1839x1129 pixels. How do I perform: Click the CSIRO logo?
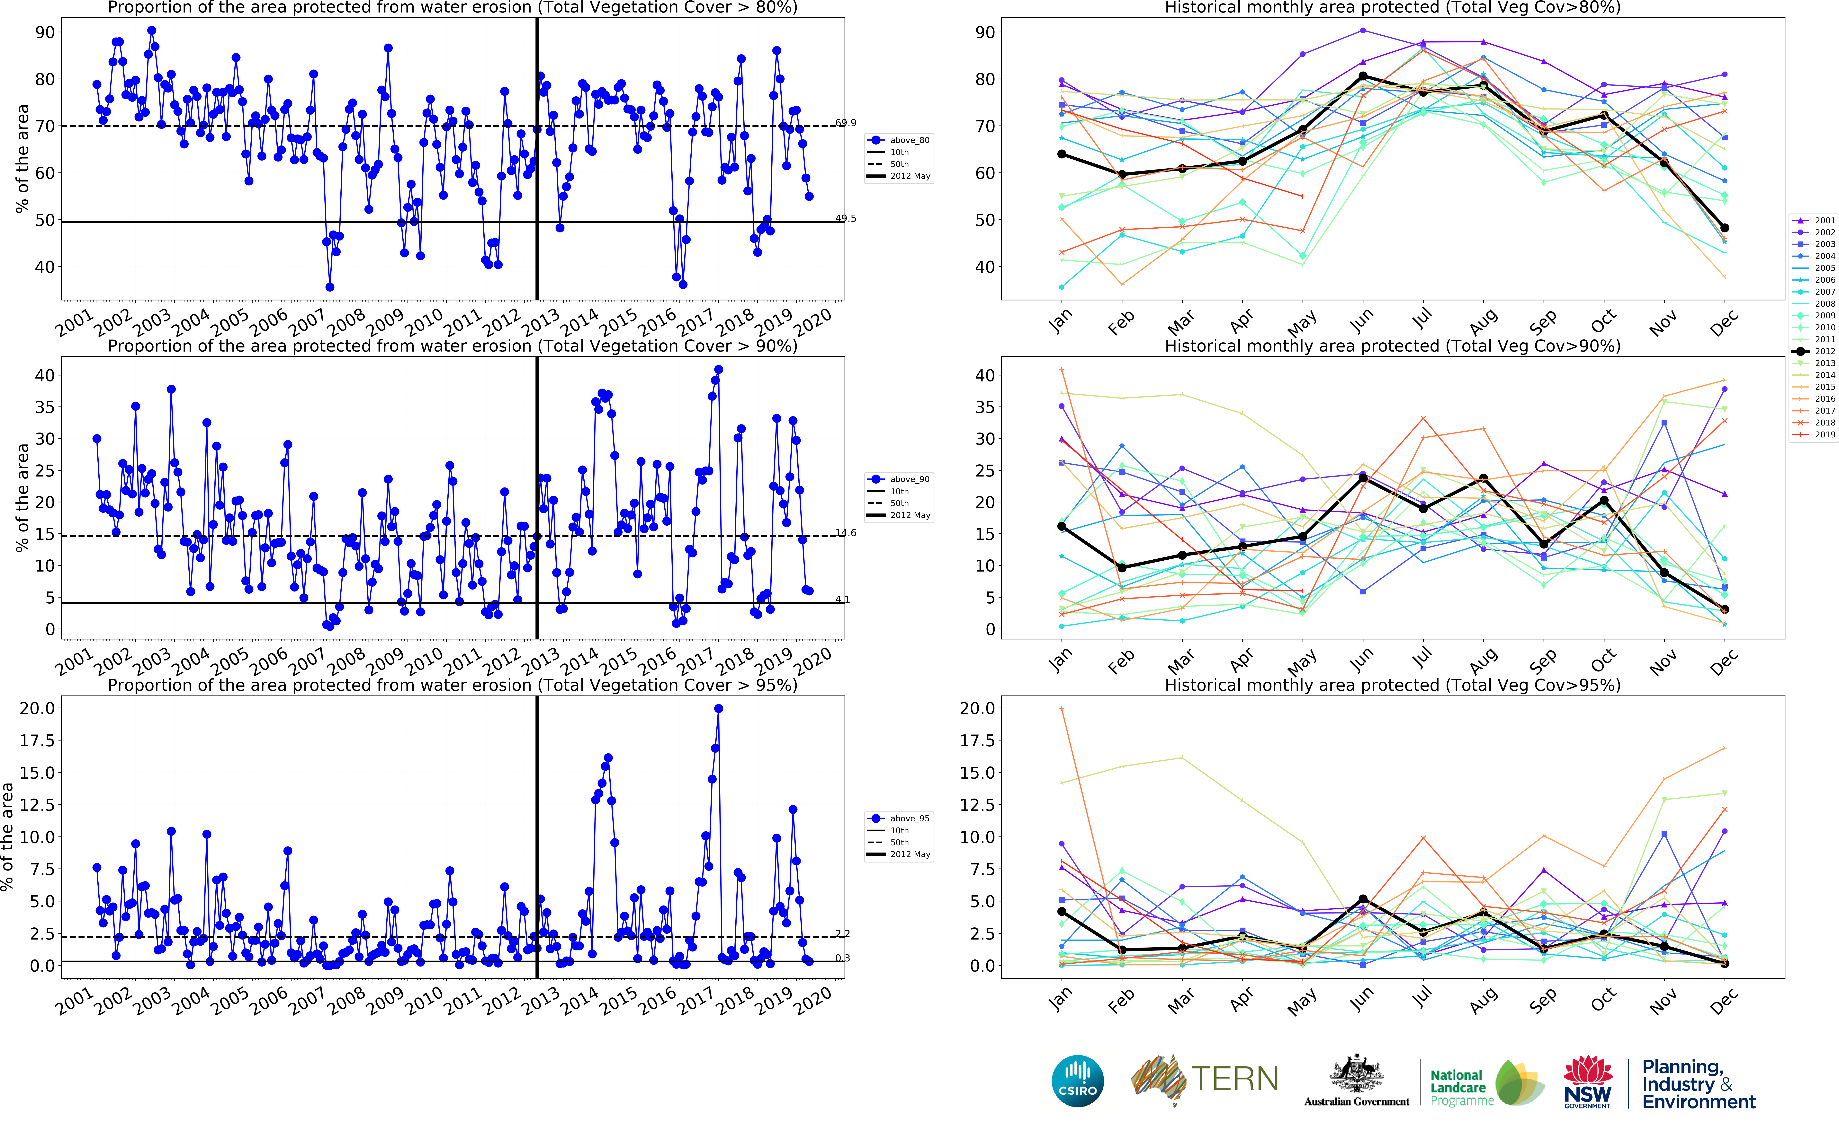(x=1077, y=1081)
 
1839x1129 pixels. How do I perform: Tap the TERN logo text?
(x=1234, y=1079)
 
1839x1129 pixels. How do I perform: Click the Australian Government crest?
(x=1356, y=1075)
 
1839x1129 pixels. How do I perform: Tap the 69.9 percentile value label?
(x=846, y=122)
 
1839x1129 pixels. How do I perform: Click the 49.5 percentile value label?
(x=846, y=218)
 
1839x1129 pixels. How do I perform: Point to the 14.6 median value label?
(x=846, y=532)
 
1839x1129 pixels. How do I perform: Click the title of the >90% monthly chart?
(x=1392, y=346)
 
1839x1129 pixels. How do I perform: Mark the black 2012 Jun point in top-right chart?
(x=1363, y=76)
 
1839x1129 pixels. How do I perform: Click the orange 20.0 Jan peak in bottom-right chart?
(x=1061, y=709)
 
